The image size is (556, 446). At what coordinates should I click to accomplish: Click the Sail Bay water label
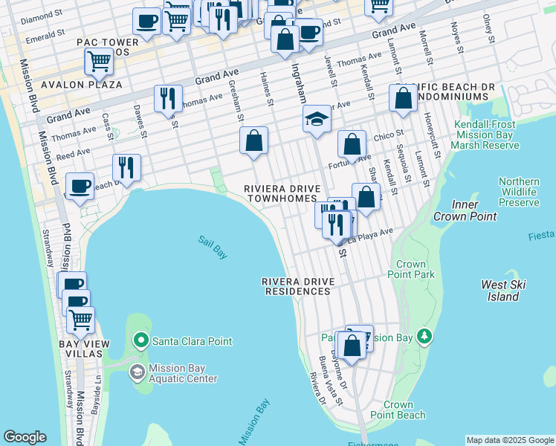click(x=212, y=247)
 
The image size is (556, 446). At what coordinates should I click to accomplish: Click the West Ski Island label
click(x=500, y=291)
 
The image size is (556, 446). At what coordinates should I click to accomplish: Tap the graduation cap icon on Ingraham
click(x=317, y=119)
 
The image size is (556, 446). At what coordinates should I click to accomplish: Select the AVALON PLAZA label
click(x=82, y=85)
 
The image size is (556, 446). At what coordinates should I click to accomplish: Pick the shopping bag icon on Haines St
click(x=253, y=140)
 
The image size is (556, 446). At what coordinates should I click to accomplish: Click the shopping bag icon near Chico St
click(x=352, y=143)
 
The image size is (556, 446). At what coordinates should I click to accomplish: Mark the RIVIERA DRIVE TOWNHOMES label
click(x=282, y=194)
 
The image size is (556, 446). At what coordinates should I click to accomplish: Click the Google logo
click(x=25, y=437)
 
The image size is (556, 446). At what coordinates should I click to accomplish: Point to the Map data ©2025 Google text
click(x=510, y=440)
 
